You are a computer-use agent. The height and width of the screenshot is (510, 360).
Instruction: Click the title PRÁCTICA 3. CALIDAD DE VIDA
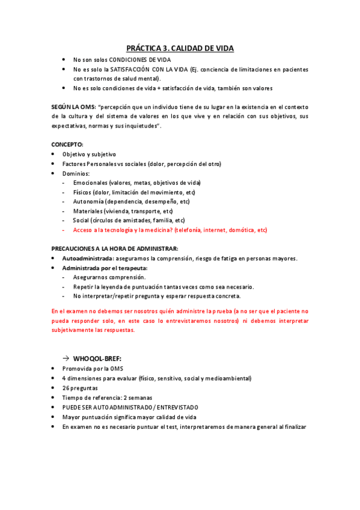point(180,48)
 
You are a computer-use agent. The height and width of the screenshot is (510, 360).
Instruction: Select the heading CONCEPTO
point(67,145)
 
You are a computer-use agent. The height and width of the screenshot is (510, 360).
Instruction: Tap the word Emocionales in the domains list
point(91,182)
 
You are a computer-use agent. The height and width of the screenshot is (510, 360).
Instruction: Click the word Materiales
point(88,211)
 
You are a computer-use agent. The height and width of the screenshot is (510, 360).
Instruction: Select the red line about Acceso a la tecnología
point(170,230)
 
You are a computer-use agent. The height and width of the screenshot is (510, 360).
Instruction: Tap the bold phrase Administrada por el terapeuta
point(105,268)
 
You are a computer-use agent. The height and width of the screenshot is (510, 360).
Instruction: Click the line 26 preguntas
point(81,388)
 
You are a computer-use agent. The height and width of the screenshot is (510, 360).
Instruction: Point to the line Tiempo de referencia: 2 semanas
point(107,398)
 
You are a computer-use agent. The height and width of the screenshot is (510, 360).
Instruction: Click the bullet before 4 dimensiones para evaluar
point(54,378)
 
